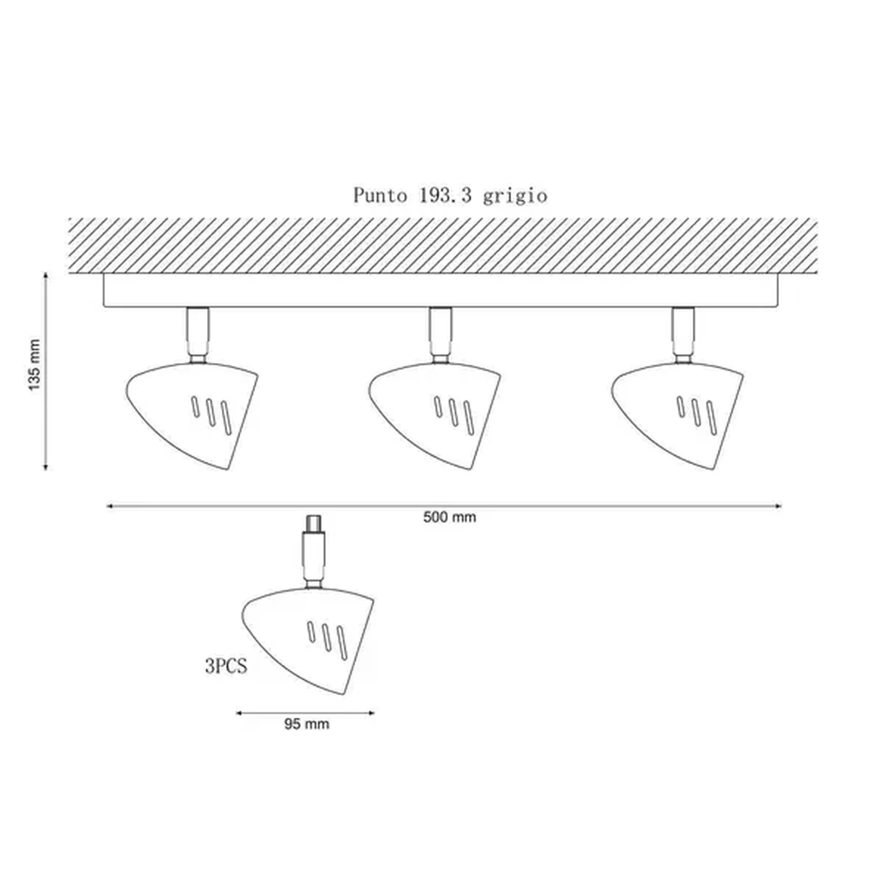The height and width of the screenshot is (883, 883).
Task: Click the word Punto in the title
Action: (380, 196)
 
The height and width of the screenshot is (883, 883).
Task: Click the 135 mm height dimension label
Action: (34, 365)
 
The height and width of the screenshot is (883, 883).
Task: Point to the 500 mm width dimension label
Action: (450, 517)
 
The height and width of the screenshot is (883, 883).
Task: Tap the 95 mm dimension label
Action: (307, 724)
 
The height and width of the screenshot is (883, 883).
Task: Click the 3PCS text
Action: (226, 666)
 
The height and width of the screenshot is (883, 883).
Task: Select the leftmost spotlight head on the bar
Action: (192, 415)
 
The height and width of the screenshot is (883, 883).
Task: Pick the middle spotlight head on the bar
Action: (434, 415)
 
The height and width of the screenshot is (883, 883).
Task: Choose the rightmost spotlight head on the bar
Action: (677, 415)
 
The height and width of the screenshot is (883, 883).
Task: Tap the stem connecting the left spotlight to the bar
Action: (198, 335)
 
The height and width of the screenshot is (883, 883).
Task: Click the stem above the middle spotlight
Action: (440, 335)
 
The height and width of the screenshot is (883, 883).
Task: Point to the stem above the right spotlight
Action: (683, 335)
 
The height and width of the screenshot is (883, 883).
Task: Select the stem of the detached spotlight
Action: (313, 552)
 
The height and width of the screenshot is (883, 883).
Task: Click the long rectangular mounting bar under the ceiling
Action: (440, 290)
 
